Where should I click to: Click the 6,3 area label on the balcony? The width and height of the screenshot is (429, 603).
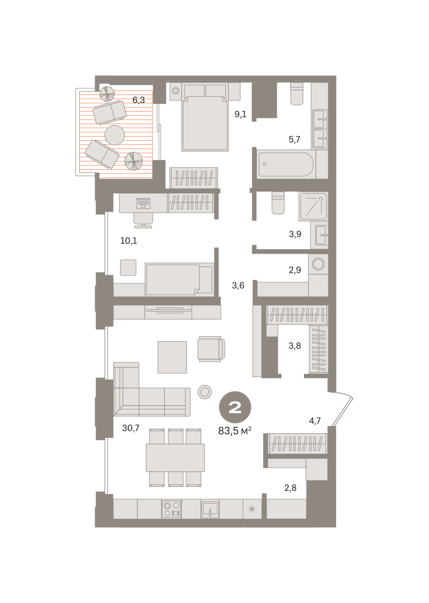coord(138,100)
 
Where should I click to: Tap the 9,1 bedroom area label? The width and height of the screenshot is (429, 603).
coord(240,114)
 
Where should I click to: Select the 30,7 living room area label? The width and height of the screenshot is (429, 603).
coord(131,428)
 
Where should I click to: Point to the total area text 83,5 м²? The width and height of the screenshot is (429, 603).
coord(235,431)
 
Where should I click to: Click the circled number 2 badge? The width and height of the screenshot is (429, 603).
coord(235,408)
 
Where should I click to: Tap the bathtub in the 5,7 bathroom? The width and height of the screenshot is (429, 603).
coord(286,164)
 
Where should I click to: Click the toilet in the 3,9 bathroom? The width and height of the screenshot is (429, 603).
coord(278,203)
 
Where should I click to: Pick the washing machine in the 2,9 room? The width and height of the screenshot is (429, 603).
coord(318,264)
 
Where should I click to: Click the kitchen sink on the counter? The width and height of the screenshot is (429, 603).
coord(210,509)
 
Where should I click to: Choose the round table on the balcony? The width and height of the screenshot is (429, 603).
coord(115,135)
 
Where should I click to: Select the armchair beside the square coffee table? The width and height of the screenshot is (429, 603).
coord(211,349)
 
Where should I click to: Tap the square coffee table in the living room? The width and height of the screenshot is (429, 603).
coord(172,357)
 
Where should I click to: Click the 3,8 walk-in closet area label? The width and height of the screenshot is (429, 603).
coord(295,346)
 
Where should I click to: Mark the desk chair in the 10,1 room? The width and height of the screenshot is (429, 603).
coord(143,220)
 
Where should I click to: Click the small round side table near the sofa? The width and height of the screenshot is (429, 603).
coord(205,391)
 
